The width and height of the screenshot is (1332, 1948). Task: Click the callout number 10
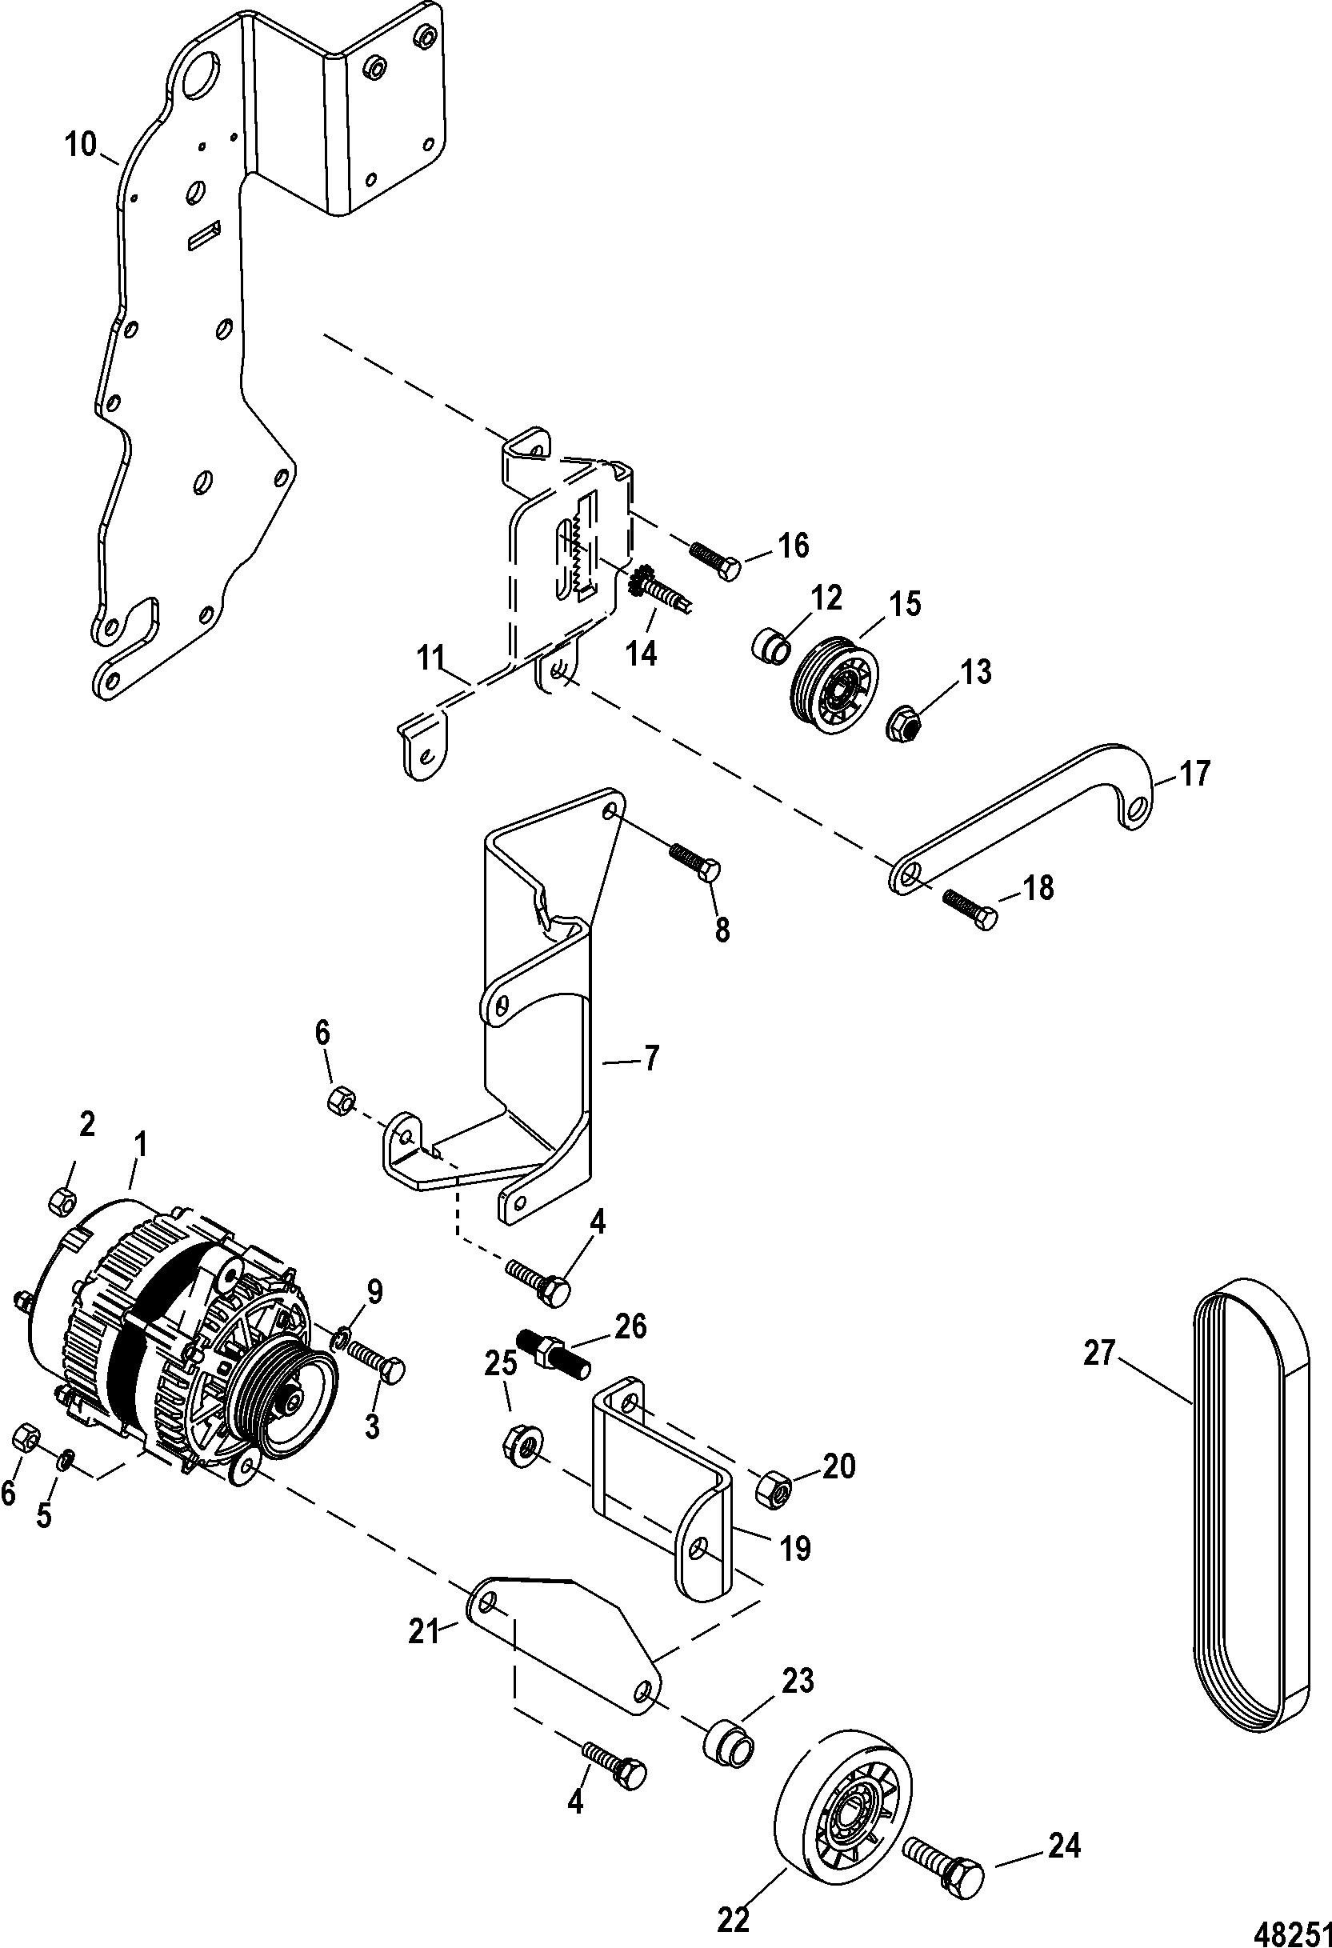point(82,146)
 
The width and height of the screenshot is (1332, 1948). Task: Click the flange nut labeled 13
point(906,722)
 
